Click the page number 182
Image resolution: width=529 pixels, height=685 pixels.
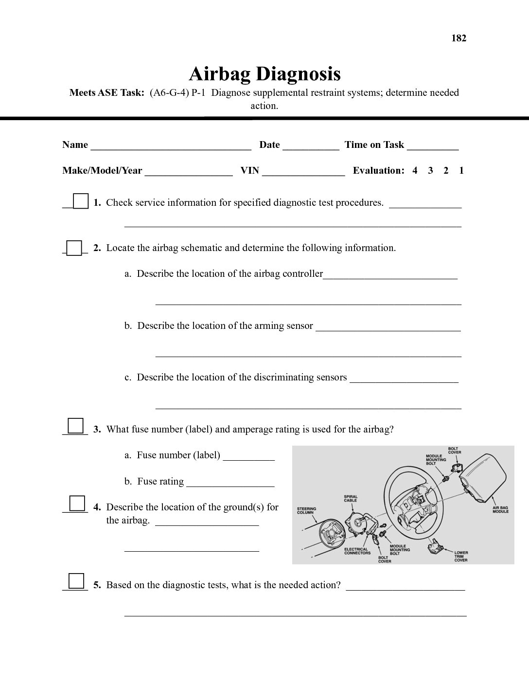click(458, 38)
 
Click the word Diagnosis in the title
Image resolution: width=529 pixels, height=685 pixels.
click(298, 74)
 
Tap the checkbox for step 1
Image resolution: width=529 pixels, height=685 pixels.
click(80, 201)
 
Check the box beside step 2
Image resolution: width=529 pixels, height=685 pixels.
click(74, 248)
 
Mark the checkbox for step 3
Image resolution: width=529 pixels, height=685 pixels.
click(75, 426)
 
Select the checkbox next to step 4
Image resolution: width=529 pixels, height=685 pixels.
click(77, 503)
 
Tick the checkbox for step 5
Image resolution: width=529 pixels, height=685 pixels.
click(76, 581)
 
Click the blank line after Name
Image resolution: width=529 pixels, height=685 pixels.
click(171, 145)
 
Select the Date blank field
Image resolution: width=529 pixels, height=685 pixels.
click(311, 145)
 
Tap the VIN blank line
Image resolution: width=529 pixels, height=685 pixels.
click(303, 171)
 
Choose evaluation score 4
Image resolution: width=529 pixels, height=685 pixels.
click(415, 171)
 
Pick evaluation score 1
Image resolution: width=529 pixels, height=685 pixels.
click(461, 171)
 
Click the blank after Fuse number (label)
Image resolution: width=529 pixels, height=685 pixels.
click(248, 456)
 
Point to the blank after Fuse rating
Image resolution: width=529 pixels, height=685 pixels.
click(230, 482)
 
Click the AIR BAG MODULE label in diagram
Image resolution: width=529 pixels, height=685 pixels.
click(500, 509)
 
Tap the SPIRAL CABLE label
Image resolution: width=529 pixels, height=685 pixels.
click(350, 499)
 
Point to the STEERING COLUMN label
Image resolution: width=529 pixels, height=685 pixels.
click(306, 510)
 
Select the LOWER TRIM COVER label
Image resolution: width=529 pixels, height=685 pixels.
click(461, 556)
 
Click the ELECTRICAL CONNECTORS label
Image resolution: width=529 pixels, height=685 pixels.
click(357, 551)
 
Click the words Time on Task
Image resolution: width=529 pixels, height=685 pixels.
click(374, 145)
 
